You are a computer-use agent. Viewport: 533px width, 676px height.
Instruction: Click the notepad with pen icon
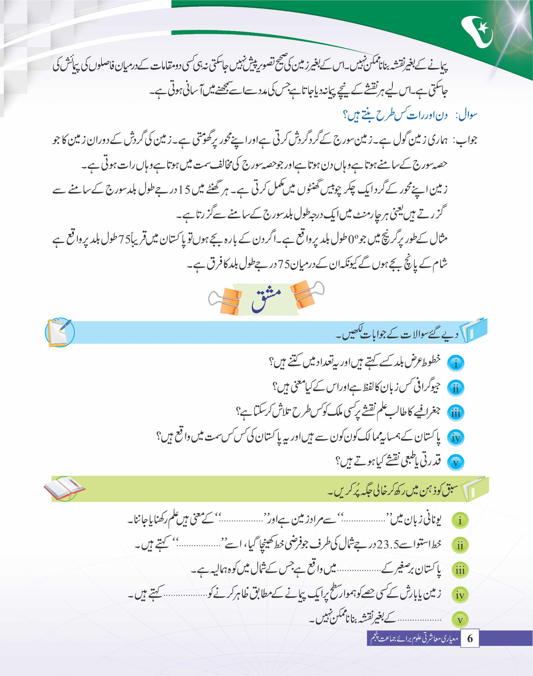pos(60,332)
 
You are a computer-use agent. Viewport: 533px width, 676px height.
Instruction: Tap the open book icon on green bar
pos(64,488)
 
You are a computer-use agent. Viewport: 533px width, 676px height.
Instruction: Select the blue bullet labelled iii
pos(456,413)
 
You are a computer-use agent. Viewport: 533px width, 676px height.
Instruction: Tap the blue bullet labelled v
pos(456,463)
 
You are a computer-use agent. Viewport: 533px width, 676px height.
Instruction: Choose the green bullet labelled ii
pos(460,545)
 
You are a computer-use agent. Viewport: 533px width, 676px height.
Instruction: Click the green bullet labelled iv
pos(460,595)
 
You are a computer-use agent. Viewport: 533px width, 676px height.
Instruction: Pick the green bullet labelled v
pos(460,620)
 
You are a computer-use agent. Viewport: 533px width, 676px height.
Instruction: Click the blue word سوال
pos(467,115)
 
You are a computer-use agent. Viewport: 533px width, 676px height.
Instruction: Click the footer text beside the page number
pos(414,638)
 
